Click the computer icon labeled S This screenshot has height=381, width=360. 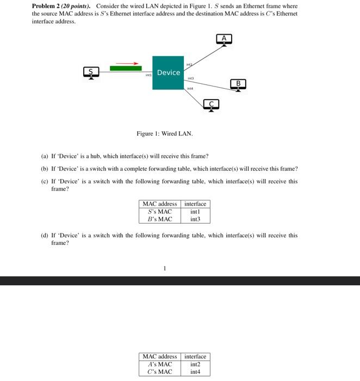[x=91, y=72]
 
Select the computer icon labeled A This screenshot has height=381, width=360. [x=224, y=39]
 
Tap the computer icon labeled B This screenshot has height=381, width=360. [x=238, y=84]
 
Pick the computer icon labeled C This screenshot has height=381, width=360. [x=212, y=104]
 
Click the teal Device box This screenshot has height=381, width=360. [x=168, y=72]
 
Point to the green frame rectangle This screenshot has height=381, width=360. [x=126, y=69]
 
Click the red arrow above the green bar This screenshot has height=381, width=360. [x=127, y=63]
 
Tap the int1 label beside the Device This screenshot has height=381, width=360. [x=148, y=75]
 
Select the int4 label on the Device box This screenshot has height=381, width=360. [x=190, y=88]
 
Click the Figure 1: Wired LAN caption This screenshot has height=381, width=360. [x=164, y=133]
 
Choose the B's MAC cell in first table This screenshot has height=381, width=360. [x=160, y=219]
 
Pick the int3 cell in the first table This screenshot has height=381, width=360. [x=195, y=219]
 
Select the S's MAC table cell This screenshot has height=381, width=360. [x=160, y=212]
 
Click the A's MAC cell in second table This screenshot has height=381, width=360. [x=160, y=364]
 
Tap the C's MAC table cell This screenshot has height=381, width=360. [x=160, y=372]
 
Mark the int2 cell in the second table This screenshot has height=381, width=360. [x=195, y=364]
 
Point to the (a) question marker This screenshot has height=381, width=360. [x=44, y=156]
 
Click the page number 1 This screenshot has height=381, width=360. [x=165, y=268]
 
